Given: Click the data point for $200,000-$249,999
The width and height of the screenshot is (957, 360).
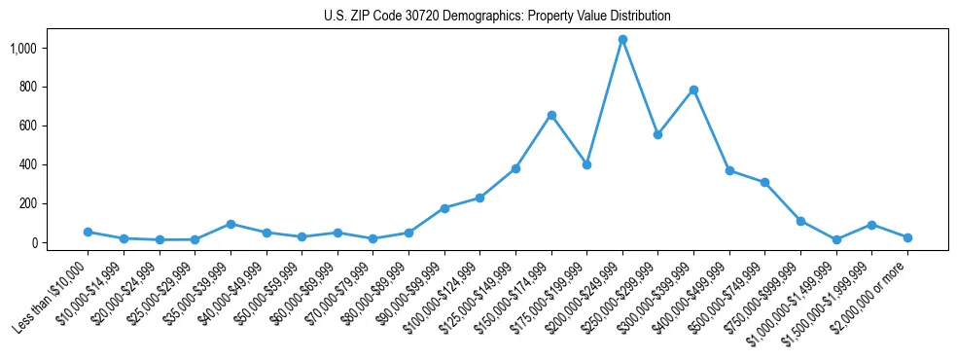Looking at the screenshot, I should pos(622,40).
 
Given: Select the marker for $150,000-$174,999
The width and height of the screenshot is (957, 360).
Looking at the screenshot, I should pos(551,115).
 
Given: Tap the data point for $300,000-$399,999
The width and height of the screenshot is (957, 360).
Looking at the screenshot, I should pos(693,90).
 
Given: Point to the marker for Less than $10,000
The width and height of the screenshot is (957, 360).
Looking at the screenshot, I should pos(88,232).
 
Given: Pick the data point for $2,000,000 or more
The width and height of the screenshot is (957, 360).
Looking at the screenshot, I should pos(907,237).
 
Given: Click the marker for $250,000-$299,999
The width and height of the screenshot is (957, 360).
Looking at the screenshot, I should pos(658,134).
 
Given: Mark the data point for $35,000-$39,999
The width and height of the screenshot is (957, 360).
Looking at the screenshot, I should pos(230,224).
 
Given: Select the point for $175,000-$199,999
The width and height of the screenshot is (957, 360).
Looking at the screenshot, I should pos(586,164).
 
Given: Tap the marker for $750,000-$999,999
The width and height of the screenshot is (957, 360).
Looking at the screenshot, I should pos(800,221).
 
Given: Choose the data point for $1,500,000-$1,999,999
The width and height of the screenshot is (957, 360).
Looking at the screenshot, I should pos(871,225).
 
